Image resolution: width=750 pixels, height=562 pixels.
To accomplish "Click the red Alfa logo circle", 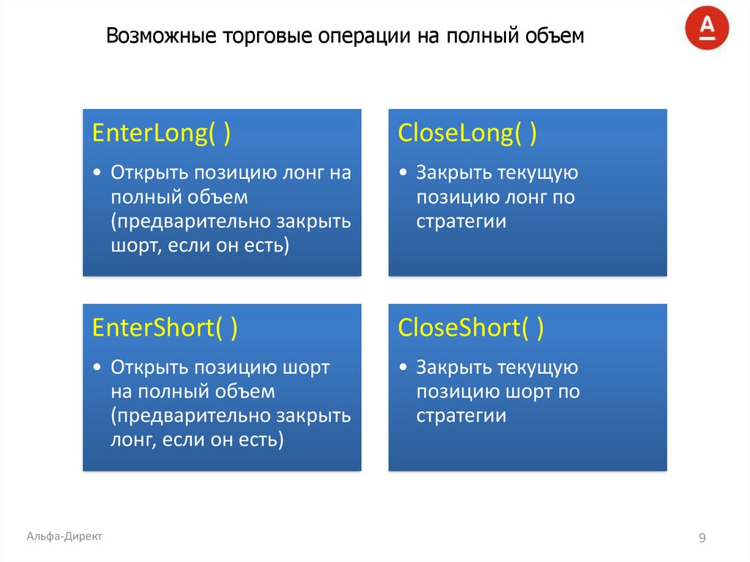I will click(x=707, y=29).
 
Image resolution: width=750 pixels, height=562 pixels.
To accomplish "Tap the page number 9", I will click(x=702, y=539).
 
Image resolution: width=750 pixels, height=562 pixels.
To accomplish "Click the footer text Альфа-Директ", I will click(x=64, y=536).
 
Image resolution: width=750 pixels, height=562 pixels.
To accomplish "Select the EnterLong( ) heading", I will click(x=162, y=134).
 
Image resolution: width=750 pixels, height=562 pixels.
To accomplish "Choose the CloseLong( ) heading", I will click(x=467, y=134).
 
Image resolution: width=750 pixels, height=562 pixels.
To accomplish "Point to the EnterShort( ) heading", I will click(x=165, y=328).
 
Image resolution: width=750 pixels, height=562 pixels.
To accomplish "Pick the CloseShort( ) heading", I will click(x=470, y=328).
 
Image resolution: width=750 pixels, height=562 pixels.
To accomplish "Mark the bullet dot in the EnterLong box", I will click(x=98, y=174).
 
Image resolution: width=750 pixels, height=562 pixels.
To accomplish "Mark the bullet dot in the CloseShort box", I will click(x=404, y=368).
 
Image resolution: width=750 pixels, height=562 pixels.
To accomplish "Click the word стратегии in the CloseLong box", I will click(x=461, y=221).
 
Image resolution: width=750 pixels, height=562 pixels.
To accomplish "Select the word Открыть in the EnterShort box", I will click(x=149, y=367).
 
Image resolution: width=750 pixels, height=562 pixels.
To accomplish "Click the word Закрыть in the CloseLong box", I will click(x=454, y=173).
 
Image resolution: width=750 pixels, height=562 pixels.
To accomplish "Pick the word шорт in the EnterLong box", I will click(x=131, y=245).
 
